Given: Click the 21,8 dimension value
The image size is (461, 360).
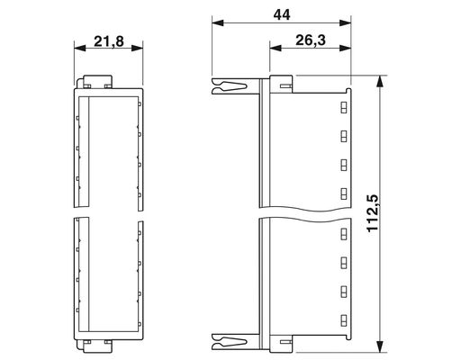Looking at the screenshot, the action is pos(109,41).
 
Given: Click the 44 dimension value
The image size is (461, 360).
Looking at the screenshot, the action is pos(282,15).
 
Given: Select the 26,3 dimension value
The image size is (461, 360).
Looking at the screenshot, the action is pos(311,40).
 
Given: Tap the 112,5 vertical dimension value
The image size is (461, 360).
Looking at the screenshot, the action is pos(373,212).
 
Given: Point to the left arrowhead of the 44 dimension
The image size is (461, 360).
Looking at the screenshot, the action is pos(218,23).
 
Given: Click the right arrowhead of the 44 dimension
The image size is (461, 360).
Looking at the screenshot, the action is pos(345,23).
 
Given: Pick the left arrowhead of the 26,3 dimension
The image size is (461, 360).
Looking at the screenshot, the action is pos(276,48).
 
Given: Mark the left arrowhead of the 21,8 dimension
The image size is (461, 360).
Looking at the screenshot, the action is pos(80,48).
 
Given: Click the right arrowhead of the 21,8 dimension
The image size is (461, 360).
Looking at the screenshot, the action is pos(137,48).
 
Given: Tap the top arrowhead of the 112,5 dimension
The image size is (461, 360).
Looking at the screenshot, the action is pos(380,81).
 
